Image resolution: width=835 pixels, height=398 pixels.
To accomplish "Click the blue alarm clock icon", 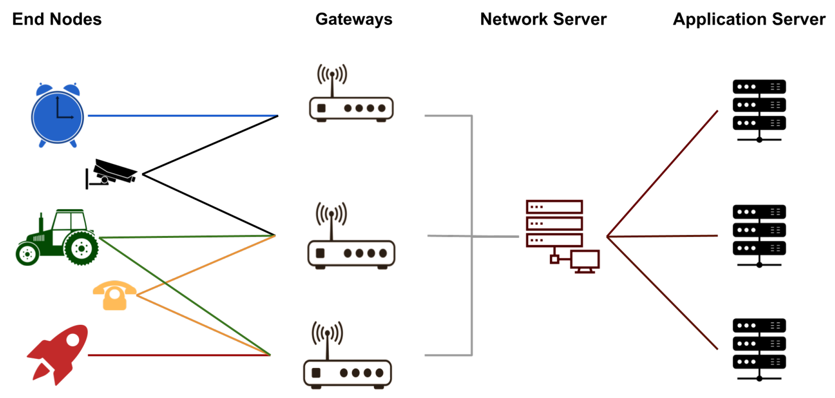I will (x=57, y=116).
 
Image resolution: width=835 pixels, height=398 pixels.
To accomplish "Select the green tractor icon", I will (x=57, y=238).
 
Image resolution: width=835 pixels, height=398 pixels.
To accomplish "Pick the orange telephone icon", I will (x=114, y=296).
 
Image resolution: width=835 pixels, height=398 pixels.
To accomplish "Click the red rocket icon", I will (x=59, y=353).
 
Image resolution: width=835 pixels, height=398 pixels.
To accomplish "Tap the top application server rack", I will (x=759, y=110).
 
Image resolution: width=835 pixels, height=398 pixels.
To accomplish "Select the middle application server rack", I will (x=759, y=235).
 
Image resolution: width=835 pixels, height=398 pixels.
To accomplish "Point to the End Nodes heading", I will (x=57, y=19).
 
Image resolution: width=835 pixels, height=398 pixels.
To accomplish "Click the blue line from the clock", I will (x=182, y=116).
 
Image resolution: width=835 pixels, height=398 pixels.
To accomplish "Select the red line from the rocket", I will (x=178, y=355).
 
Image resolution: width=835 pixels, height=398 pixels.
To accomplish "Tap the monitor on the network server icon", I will (x=585, y=260).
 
